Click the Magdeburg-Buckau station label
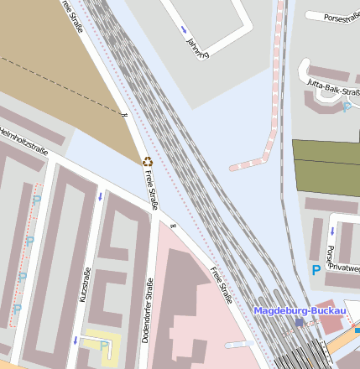[x=300, y=311]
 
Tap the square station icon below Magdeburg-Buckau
[x=299, y=322]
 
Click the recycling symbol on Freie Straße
[x=148, y=161]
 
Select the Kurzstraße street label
[x=84, y=285]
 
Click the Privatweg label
[x=344, y=268]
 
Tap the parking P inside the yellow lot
[x=103, y=345]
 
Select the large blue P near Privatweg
[x=316, y=271]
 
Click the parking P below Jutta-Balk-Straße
[x=346, y=107]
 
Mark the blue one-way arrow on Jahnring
[x=184, y=30]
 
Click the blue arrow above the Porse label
[x=333, y=229]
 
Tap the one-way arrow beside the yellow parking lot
[x=76, y=340]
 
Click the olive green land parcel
[x=326, y=164]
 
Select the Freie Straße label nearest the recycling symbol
[x=152, y=186]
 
